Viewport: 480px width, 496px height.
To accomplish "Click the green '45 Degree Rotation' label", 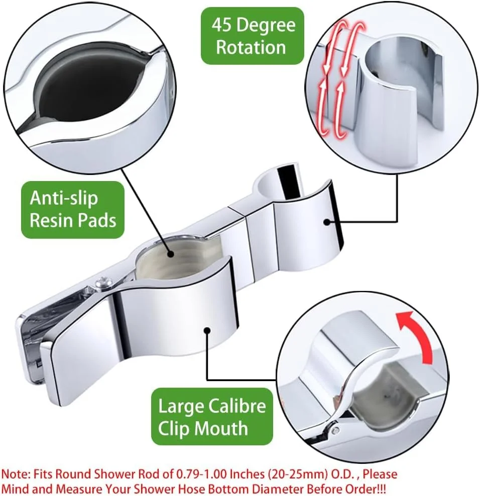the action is [253, 36].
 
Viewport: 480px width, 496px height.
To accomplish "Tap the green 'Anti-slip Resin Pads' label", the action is [73, 210].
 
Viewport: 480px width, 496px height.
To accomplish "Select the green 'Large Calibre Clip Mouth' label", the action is [212, 417].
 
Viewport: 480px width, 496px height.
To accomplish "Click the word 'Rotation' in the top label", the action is [251, 48].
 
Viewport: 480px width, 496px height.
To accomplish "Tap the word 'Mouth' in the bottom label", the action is [221, 429].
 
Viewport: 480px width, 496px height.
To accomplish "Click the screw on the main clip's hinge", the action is [103, 282].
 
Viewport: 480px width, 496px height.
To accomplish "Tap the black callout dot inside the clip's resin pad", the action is [171, 254].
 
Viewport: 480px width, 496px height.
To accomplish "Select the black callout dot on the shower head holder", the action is [327, 222].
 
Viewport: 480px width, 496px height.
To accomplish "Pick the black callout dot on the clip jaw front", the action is [207, 330].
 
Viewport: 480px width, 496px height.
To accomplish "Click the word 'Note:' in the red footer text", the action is [16, 474].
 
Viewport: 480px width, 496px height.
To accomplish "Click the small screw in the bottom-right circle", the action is [335, 430].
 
